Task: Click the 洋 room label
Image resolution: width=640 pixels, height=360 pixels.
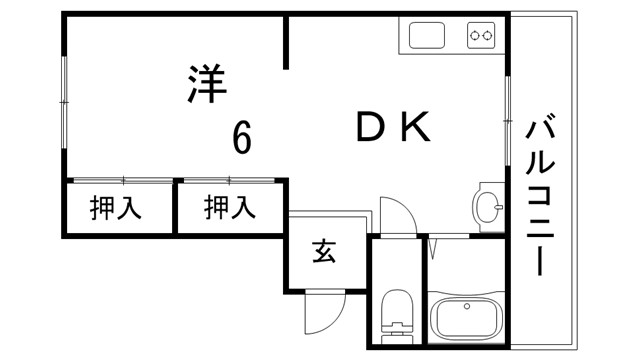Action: pos(207,84)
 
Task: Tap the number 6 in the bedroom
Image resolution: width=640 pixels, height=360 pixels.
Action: pos(241,137)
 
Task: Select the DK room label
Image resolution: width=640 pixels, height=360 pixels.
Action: pos(393,127)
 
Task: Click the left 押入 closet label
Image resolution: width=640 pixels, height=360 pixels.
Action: pos(115,208)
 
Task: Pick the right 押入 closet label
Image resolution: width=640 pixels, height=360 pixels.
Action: pos(229,208)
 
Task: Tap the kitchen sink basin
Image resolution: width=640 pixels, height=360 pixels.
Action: pos(427,38)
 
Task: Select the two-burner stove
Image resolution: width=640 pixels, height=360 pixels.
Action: pos(482,37)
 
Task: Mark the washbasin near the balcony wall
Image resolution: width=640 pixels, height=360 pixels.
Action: pos(489,207)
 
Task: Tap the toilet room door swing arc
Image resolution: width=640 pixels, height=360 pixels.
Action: pos(397,215)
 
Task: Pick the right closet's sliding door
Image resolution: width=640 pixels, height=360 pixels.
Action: pos(230,181)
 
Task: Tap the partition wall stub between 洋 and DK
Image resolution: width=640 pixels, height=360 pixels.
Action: pos(288,43)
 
